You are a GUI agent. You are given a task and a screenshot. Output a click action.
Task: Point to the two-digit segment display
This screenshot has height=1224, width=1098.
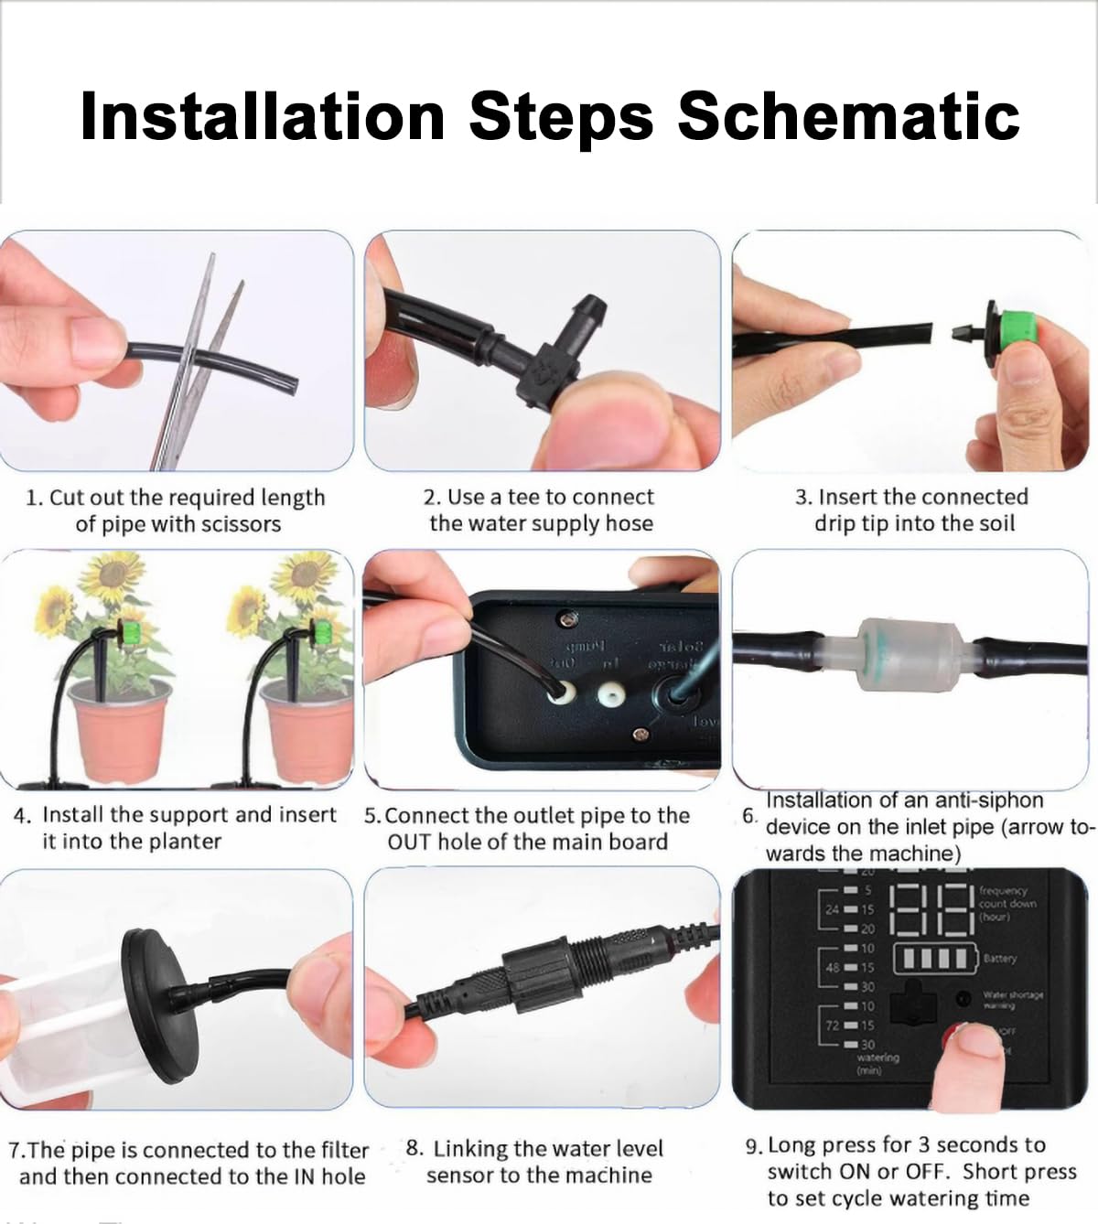click(930, 909)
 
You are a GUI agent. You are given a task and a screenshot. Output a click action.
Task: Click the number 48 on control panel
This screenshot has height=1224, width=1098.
click(832, 967)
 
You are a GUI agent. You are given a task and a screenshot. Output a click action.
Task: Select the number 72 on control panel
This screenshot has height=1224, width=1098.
click(832, 1025)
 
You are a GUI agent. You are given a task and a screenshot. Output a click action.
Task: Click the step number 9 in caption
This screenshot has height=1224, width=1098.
click(752, 1146)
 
